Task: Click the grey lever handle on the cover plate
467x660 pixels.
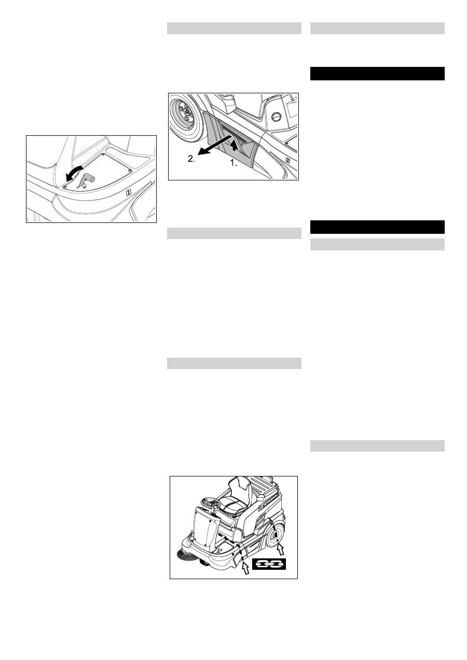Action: [85, 179]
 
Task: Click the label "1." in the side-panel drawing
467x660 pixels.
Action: [233, 163]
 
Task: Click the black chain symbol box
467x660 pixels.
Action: [269, 564]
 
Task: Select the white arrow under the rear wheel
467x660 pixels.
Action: [281, 546]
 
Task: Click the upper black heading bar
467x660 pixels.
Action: [377, 74]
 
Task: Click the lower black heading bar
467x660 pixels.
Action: [377, 227]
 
